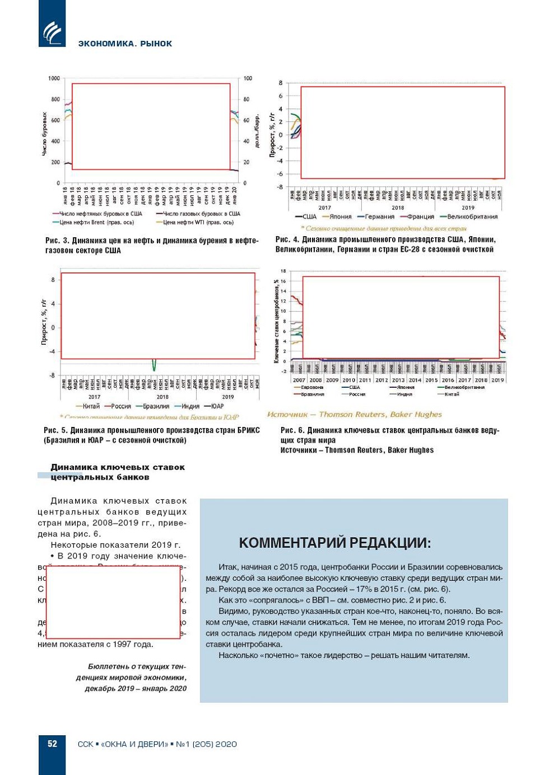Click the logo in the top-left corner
pyautogui.click(x=52, y=31)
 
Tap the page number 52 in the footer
pyautogui.click(x=52, y=744)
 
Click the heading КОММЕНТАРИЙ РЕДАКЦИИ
pyautogui.click(x=335, y=543)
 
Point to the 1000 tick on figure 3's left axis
pyautogui.click(x=54, y=78)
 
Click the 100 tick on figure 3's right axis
pyautogui.click(x=248, y=78)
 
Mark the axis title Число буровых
pyautogui.click(x=44, y=134)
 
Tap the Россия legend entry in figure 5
pyautogui.click(x=120, y=406)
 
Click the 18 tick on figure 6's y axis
pyautogui.click(x=283, y=271)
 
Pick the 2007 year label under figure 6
pyautogui.click(x=299, y=380)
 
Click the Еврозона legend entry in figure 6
pyautogui.click(x=311, y=387)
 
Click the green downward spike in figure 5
pyautogui.click(x=154, y=365)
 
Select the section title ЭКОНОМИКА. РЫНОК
pyautogui.click(x=125, y=44)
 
